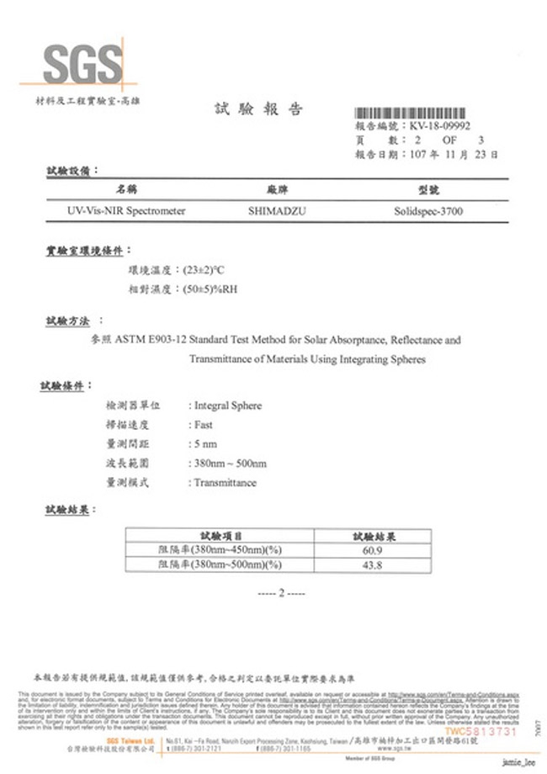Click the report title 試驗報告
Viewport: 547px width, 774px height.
click(258, 109)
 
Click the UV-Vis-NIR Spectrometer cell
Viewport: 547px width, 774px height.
click(126, 211)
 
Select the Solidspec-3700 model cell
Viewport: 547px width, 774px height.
click(428, 211)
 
